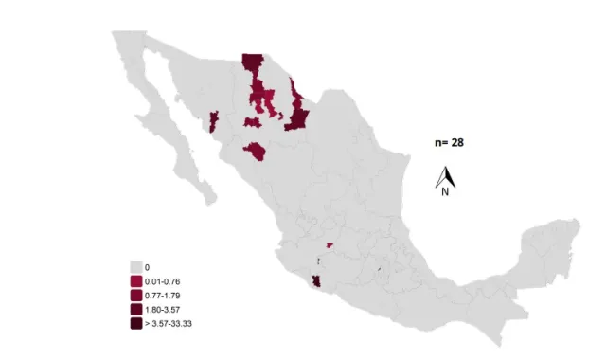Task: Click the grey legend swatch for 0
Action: pos(136,268)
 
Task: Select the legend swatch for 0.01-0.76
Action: pos(136,281)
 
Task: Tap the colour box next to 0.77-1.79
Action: pos(136,295)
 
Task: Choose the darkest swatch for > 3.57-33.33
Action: pos(136,322)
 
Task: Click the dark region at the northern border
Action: pos(252,63)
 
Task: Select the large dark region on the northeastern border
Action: pos(296,115)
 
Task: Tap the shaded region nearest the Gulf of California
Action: pos(213,120)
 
